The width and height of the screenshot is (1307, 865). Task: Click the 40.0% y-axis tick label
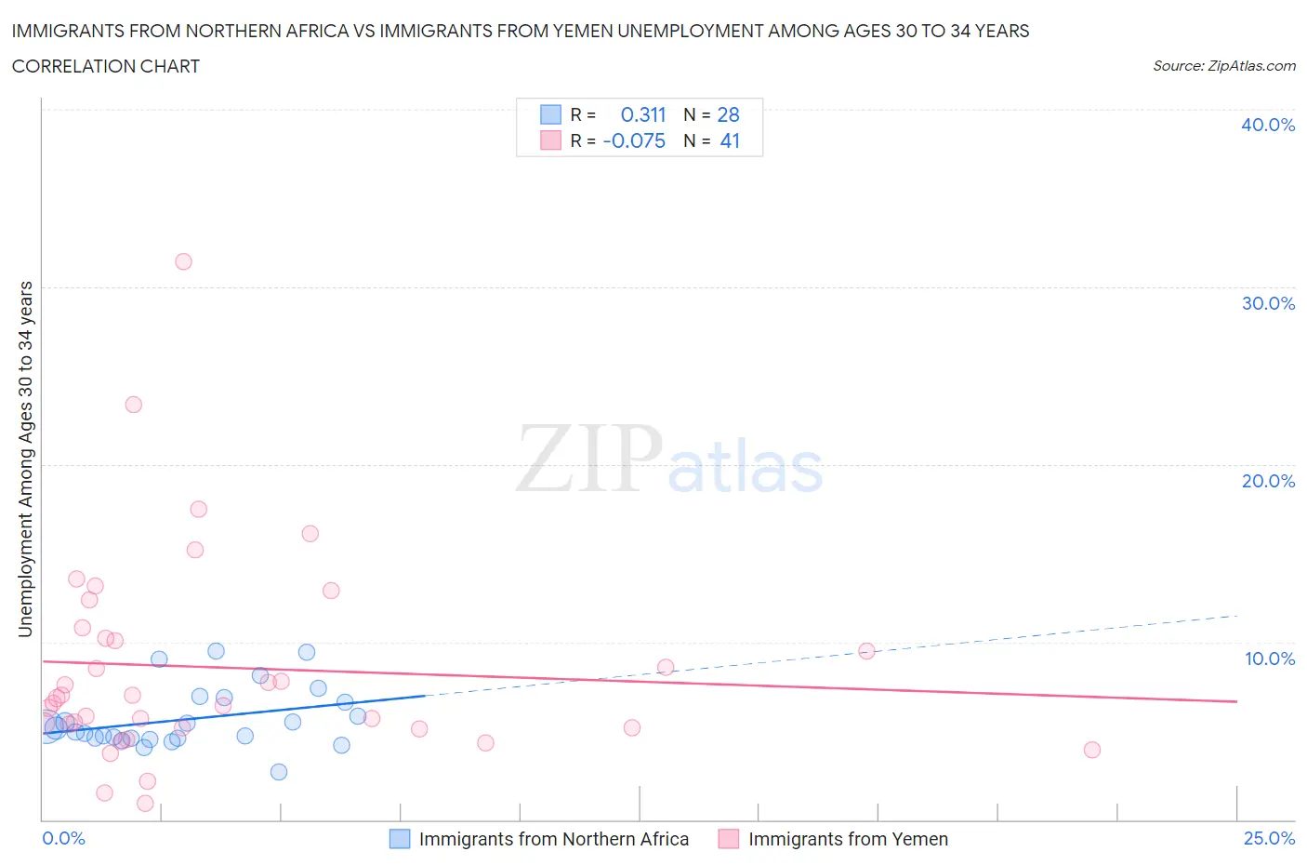point(1267,125)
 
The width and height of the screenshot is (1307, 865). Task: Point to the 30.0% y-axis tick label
point(1267,303)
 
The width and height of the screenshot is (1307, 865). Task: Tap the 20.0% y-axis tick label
point(1267,481)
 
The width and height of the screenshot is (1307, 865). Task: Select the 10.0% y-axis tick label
point(1269,659)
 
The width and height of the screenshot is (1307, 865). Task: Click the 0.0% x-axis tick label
point(64,838)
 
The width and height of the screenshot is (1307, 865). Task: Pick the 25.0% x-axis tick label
point(1269,838)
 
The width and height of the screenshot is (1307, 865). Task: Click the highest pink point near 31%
point(183,261)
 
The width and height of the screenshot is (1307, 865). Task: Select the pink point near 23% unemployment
point(133,405)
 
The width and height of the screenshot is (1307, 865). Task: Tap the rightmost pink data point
point(1092,750)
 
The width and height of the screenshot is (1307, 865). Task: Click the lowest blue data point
point(279,772)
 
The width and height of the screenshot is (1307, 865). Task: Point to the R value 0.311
point(643,114)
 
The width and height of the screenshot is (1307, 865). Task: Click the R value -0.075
point(634,140)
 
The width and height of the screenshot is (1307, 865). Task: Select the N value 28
point(728,114)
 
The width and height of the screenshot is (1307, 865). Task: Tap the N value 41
point(730,140)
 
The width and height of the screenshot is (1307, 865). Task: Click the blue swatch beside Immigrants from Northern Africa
point(399,839)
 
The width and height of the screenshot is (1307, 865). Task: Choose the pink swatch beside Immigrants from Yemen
point(728,839)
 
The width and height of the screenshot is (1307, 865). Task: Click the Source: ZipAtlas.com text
point(1223,66)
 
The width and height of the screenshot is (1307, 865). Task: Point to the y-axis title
point(26,459)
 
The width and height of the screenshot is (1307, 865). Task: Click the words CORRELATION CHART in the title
point(106,66)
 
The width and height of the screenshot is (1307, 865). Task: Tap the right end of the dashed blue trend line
point(1236,616)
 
